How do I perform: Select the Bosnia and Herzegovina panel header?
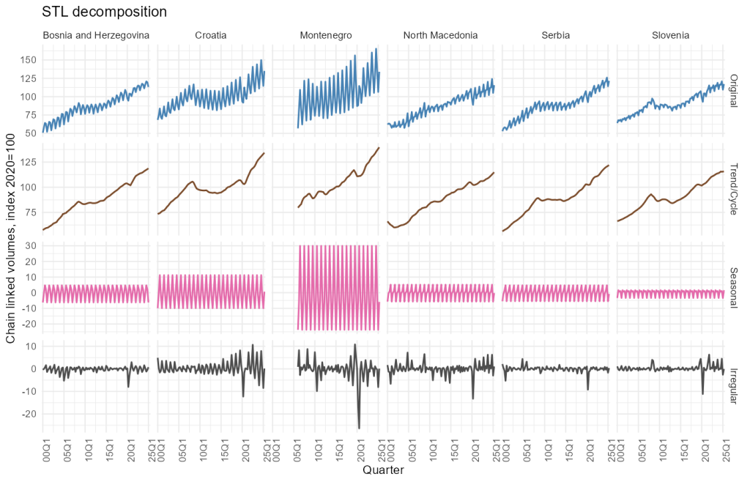pyautogui.click(x=96, y=35)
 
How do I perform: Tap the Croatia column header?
pyautogui.click(x=210, y=35)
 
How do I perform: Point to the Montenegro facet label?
pyautogui.click(x=326, y=35)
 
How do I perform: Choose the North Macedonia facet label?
pyautogui.click(x=440, y=35)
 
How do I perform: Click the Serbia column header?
pyautogui.click(x=555, y=35)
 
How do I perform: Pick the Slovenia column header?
pyautogui.click(x=670, y=35)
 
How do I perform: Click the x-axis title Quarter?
pyautogui.click(x=383, y=471)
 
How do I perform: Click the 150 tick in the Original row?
pyautogui.click(x=29, y=59)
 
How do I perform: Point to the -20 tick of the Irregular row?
pyautogui.click(x=30, y=414)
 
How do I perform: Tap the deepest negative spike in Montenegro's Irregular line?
pyautogui.click(x=359, y=428)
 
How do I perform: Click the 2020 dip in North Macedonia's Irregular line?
pyautogui.click(x=473, y=398)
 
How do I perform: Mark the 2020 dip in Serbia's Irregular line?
pyautogui.click(x=587, y=389)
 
